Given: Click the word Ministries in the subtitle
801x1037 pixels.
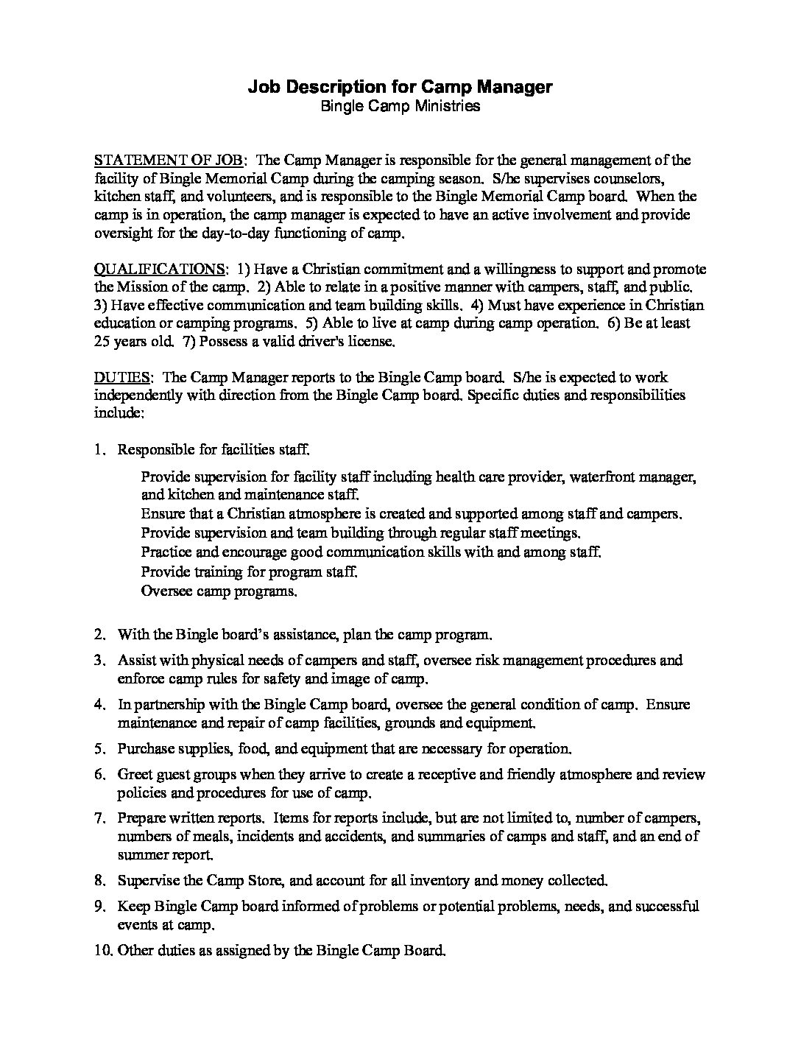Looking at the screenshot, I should coord(446,106).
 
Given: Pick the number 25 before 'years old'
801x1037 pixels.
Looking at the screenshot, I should coord(102,341).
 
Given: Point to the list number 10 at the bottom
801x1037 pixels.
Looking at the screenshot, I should coord(102,950).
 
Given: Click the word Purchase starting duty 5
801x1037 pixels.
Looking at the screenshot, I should coord(144,748).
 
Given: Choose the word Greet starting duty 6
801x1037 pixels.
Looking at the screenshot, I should coord(134,775).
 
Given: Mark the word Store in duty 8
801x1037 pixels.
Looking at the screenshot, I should coord(255,879).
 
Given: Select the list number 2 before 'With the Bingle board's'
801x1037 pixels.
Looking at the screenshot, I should coord(99,633).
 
